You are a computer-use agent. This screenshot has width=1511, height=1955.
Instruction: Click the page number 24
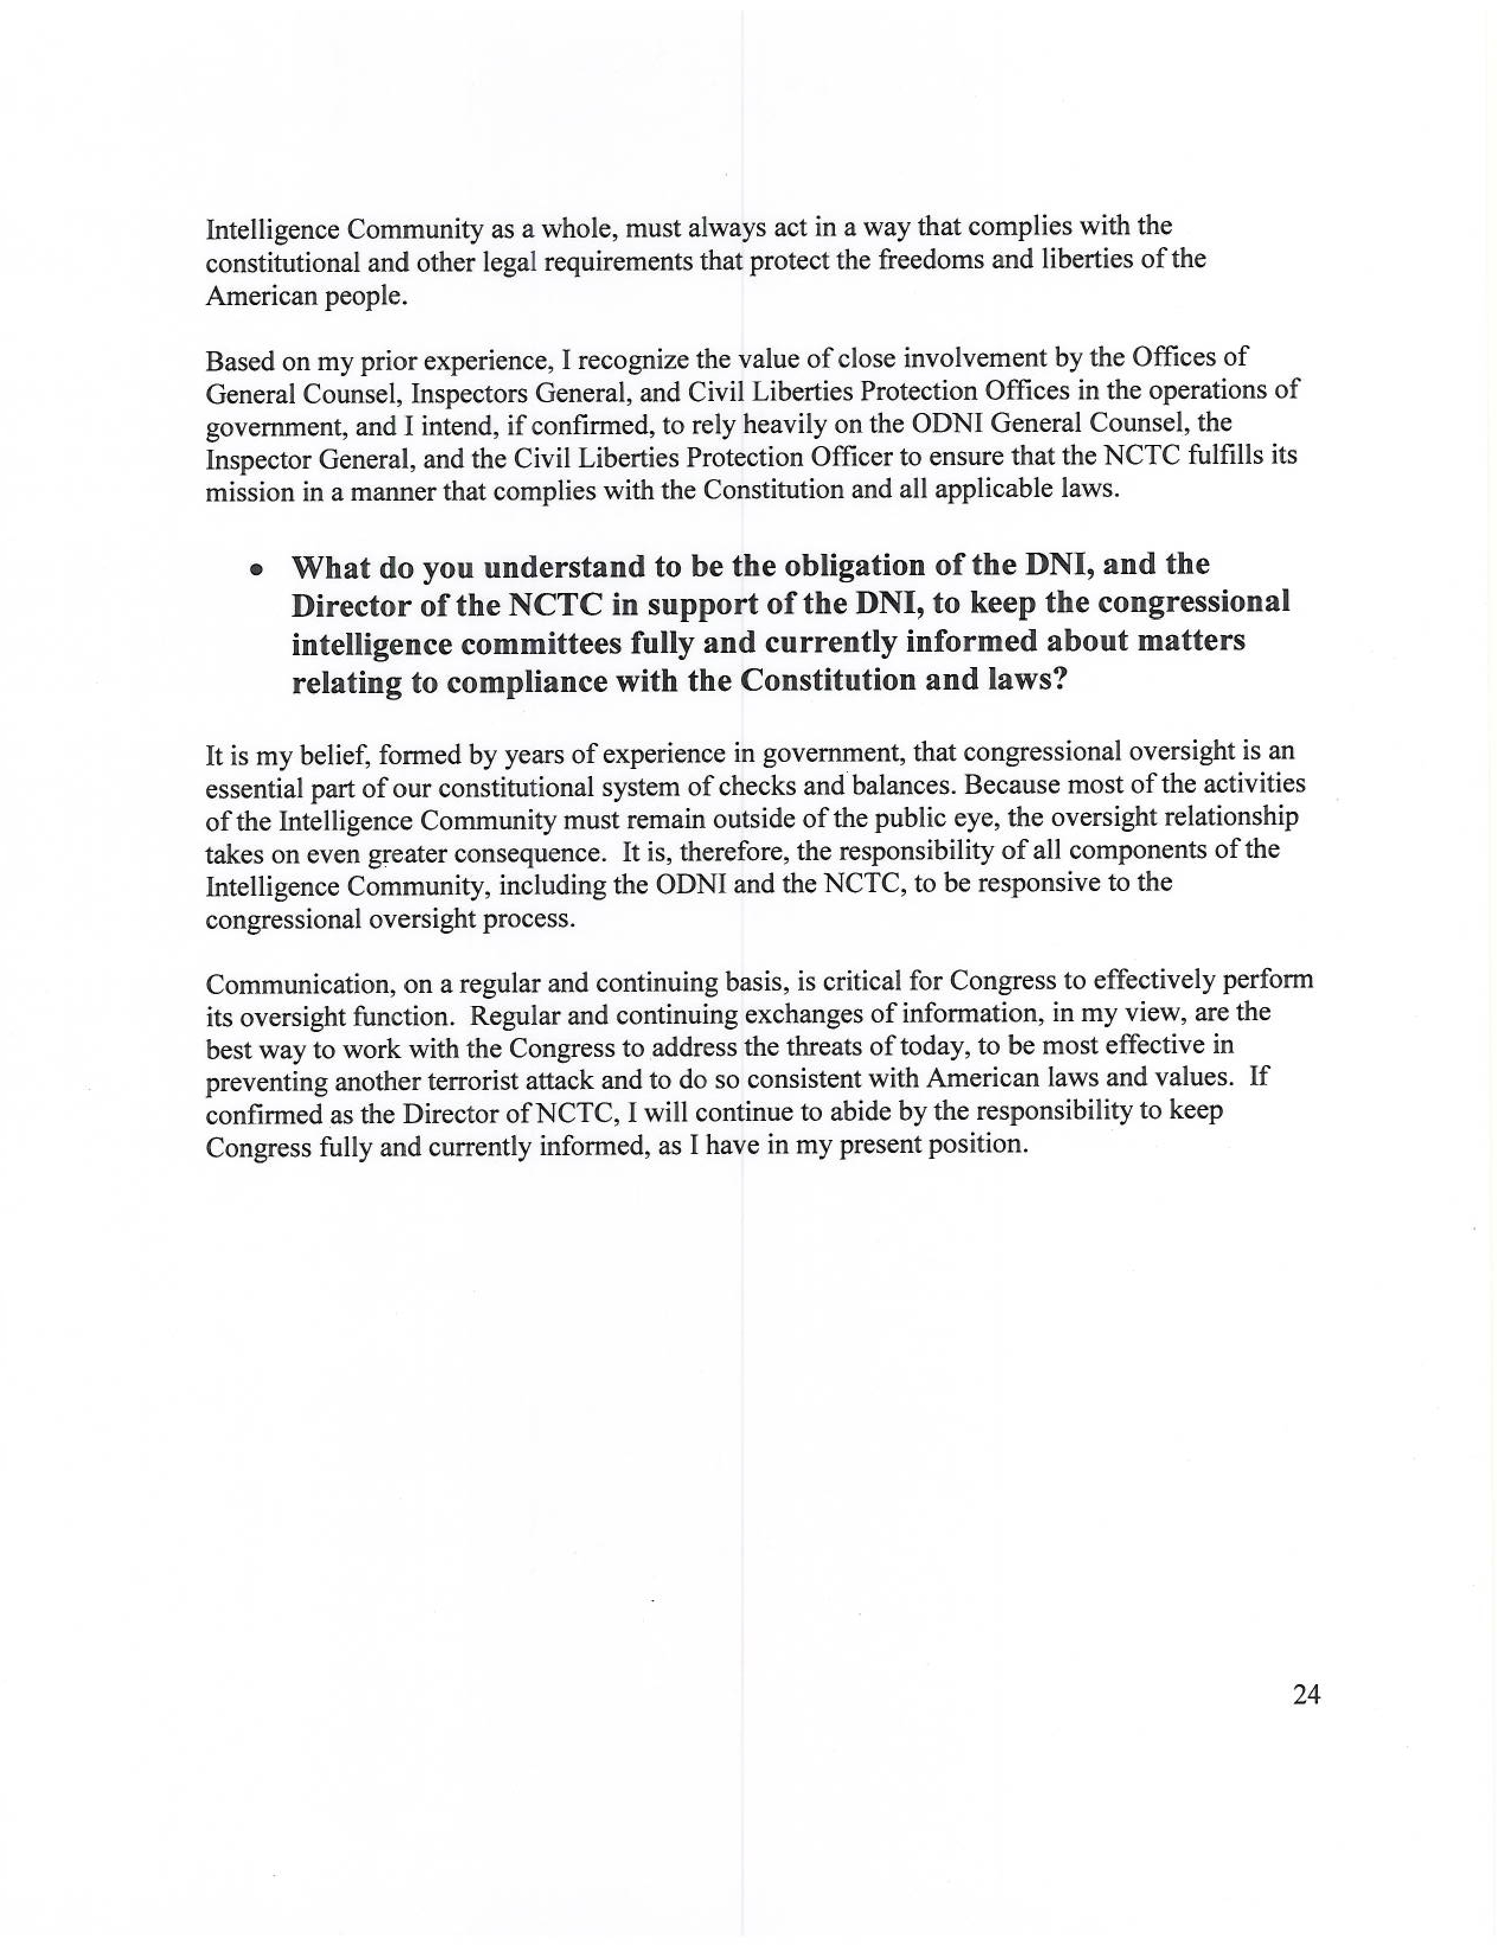(1306, 1694)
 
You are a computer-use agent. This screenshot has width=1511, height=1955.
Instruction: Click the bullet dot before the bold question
(257, 569)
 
